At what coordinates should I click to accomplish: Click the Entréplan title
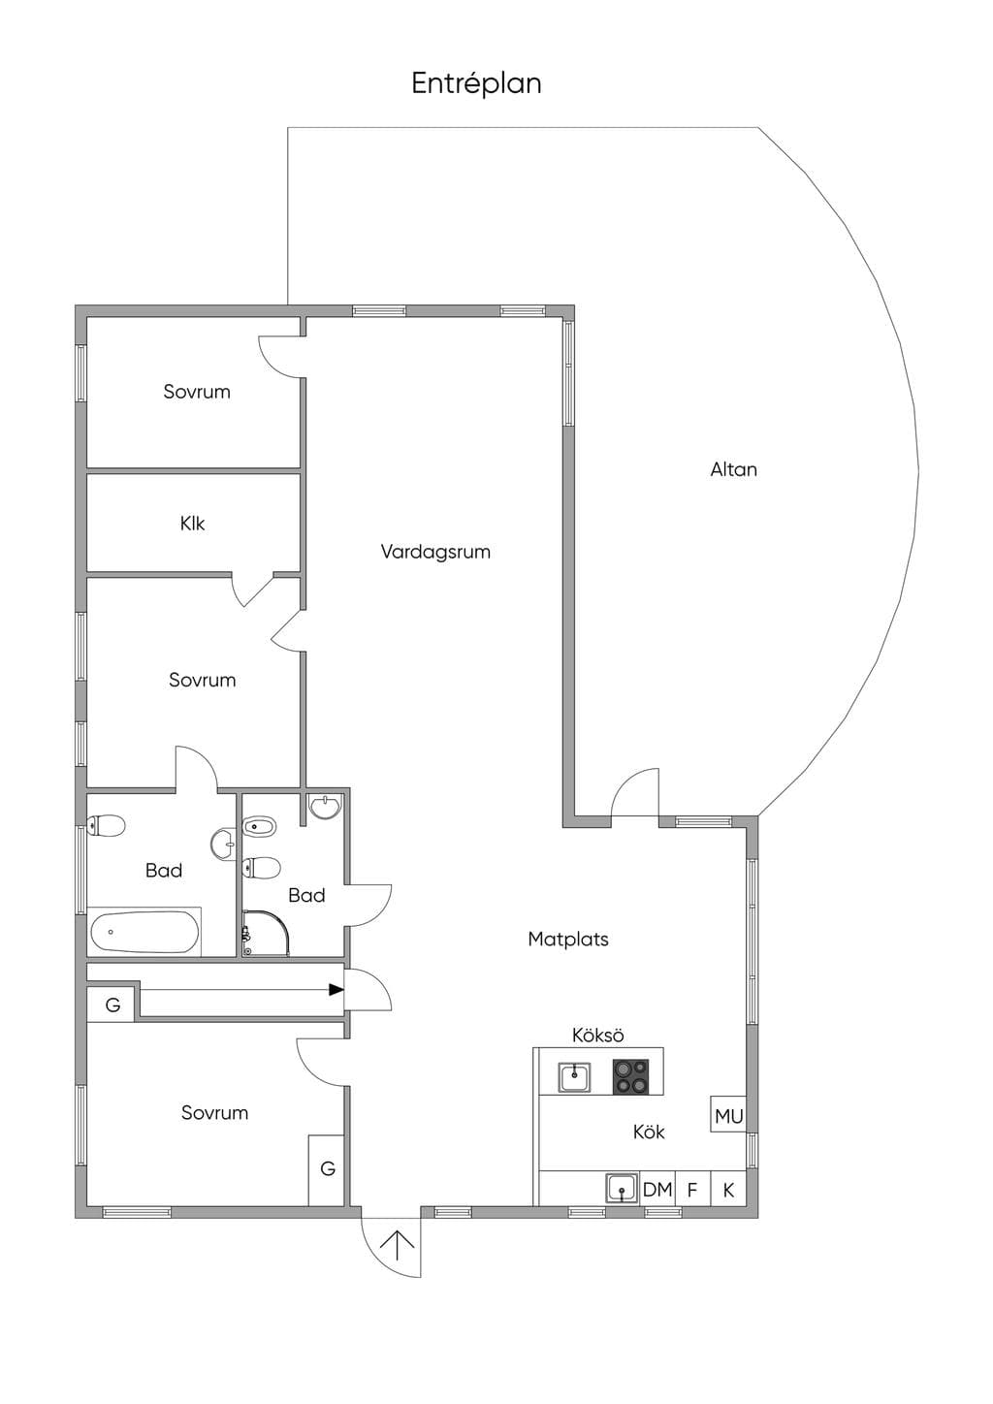point(476,83)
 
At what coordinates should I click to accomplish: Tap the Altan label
point(733,469)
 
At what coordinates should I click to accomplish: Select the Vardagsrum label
point(435,552)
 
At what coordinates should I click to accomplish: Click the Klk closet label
point(192,524)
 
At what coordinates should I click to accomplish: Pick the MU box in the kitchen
point(728,1132)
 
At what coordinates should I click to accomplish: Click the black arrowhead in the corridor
point(336,1007)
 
